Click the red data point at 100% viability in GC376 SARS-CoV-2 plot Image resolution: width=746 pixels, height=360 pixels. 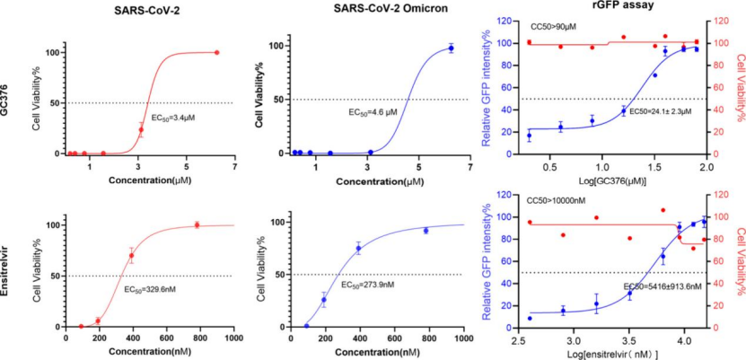(x=216, y=52)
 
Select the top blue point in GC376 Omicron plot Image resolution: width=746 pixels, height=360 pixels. (x=451, y=48)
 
